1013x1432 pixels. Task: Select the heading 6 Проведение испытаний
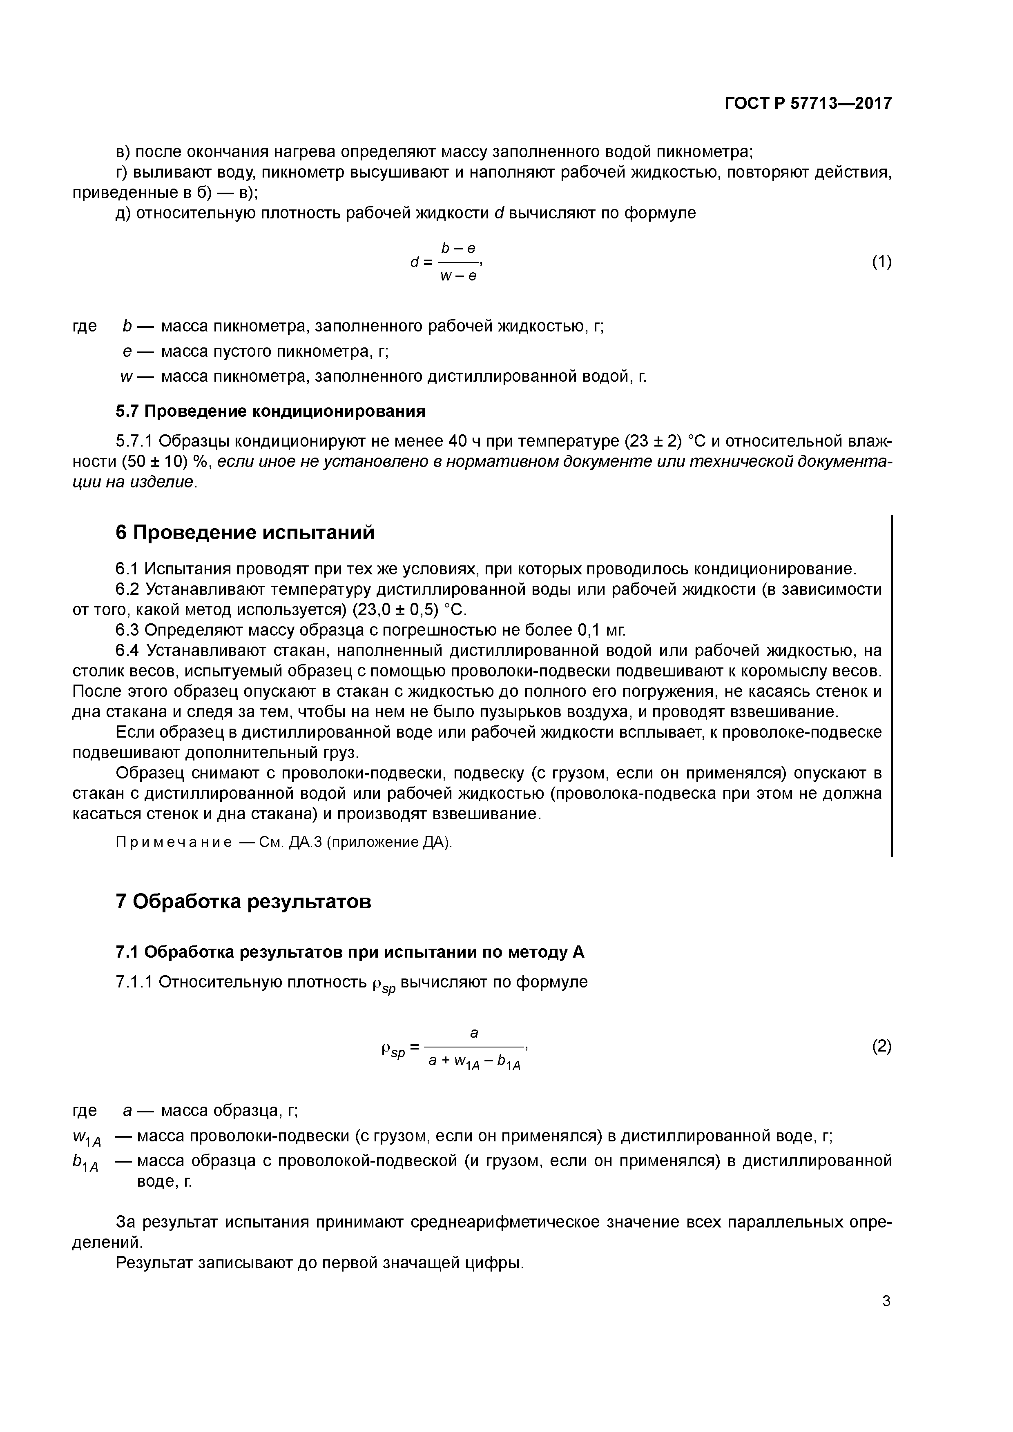click(x=245, y=533)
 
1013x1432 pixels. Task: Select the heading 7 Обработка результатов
click(x=243, y=901)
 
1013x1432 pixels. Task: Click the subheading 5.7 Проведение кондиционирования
click(x=270, y=411)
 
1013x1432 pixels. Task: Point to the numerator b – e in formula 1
click(x=458, y=248)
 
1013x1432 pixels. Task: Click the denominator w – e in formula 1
click(x=458, y=276)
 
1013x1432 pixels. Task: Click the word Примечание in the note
click(x=174, y=843)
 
